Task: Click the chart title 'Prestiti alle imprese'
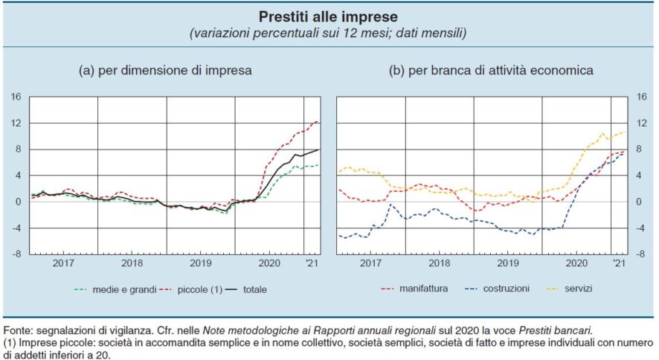(329, 16)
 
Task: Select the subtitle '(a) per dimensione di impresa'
(165, 71)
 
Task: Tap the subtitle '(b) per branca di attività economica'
(491, 71)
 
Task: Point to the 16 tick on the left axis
(16, 97)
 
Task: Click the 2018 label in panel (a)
(132, 263)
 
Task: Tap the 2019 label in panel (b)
(507, 263)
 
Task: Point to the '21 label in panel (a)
(312, 263)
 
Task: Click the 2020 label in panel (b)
(577, 263)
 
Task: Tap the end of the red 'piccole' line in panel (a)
(318, 120)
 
